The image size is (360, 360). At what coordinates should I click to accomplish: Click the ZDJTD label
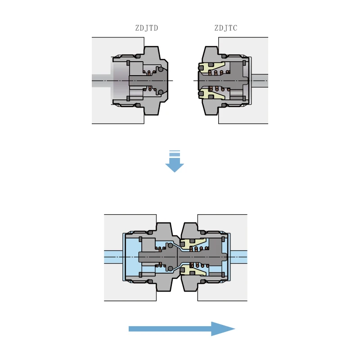click(x=146, y=28)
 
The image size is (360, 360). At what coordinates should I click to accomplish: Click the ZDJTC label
click(x=225, y=28)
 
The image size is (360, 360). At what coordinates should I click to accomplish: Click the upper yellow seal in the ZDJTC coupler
click(x=211, y=68)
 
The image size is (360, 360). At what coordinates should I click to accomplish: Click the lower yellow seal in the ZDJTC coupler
click(x=211, y=94)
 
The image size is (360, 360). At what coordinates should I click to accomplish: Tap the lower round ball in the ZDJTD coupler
click(x=161, y=93)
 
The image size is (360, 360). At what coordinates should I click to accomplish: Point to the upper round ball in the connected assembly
click(x=169, y=245)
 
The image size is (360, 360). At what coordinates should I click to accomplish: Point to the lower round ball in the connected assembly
click(x=169, y=269)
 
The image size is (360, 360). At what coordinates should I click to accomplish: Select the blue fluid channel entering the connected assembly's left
click(x=112, y=256)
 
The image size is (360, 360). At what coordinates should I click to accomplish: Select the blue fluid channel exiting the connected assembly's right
click(x=238, y=256)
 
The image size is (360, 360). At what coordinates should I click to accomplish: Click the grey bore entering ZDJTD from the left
click(x=101, y=81)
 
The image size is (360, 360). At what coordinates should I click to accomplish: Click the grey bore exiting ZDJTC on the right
click(x=259, y=81)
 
